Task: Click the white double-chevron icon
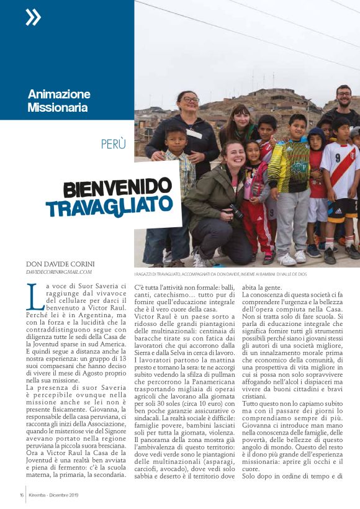33,17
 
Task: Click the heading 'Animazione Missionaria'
59,101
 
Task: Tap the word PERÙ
114,144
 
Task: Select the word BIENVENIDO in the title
117,187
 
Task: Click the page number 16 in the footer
21,495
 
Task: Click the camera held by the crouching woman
236,212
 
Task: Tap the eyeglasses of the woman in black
189,99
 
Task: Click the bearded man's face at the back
343,97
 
